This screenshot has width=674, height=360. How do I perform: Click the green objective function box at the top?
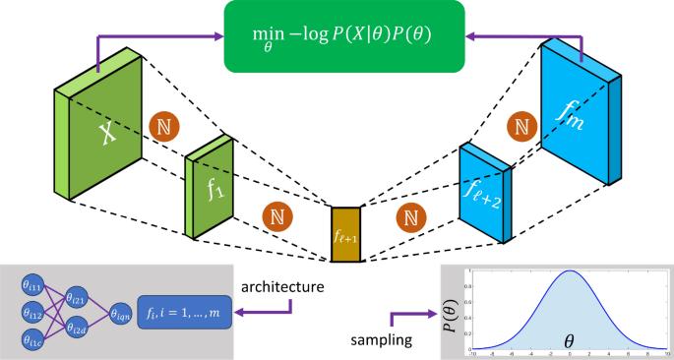[x=336, y=38]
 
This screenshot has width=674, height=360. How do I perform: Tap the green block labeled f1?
[x=209, y=191]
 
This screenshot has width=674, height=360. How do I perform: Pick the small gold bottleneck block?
[x=346, y=234]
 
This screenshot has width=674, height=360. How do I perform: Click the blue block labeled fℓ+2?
[x=485, y=193]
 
